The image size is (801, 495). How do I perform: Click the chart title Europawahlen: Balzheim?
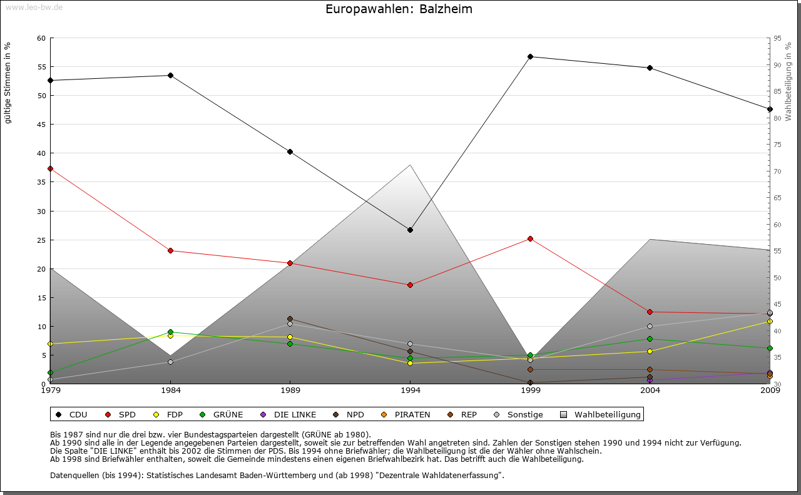[x=399, y=9]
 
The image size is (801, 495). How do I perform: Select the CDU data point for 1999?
[x=530, y=56]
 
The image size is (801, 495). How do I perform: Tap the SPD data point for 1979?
[x=50, y=168]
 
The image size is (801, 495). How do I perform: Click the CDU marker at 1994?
[x=410, y=230]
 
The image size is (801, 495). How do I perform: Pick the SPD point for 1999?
[x=530, y=238]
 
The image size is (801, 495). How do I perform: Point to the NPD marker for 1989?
[x=290, y=319]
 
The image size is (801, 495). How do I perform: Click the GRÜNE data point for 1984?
[x=170, y=332]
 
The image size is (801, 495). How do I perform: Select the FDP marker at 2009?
[x=770, y=322]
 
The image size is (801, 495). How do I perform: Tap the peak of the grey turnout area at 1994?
[x=410, y=165]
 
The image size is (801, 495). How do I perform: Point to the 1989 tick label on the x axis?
[x=290, y=391]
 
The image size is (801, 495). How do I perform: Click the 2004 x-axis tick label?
[x=650, y=391]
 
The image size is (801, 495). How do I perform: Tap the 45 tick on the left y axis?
[x=42, y=125]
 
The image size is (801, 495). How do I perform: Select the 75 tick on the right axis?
[x=777, y=145]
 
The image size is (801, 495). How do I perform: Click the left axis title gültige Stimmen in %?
[x=8, y=83]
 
